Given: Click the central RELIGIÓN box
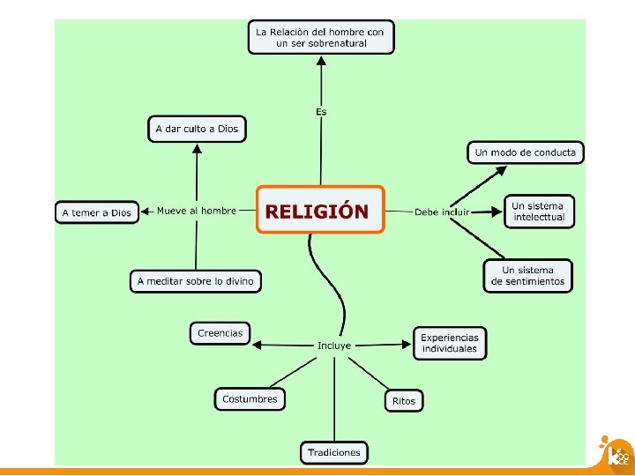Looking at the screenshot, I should click(x=320, y=210).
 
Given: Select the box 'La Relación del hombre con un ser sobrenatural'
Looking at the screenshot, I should click(x=320, y=37).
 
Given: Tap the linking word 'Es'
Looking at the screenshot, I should click(x=321, y=111).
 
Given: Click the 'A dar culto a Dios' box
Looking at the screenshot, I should click(x=197, y=129).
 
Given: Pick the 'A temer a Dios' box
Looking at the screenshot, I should click(x=97, y=212).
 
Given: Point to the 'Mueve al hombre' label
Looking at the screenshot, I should click(x=197, y=211).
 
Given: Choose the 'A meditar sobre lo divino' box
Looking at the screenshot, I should click(x=196, y=281).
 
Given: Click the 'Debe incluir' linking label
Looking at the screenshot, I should click(x=442, y=212).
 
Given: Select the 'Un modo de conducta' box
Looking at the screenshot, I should click(x=525, y=152).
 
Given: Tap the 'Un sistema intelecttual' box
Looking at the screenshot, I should click(x=538, y=212).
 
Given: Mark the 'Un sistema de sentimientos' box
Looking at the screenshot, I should click(x=527, y=275).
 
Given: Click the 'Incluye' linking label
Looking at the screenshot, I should click(x=334, y=346).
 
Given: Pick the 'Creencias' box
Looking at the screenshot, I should click(x=220, y=333).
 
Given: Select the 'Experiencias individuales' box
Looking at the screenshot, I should click(x=449, y=343).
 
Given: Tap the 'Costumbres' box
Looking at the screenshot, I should click(x=250, y=399).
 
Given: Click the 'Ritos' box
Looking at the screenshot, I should click(x=403, y=401).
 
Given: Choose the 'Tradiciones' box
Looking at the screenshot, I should click(x=334, y=452).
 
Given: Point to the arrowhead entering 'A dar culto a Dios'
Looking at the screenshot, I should click(x=197, y=149).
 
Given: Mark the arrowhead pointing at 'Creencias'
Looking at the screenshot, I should click(x=257, y=344).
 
